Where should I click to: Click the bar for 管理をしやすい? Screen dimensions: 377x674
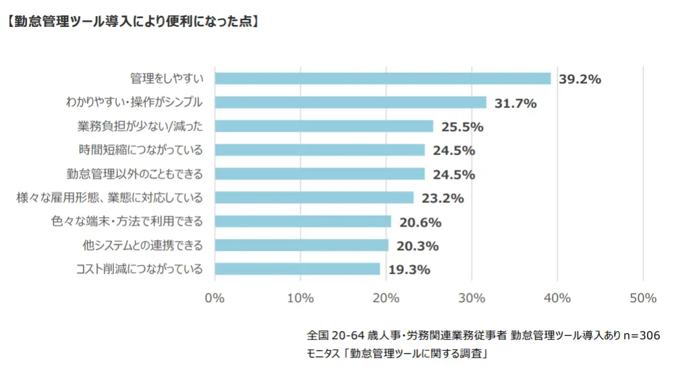pyautogui.click(x=383, y=78)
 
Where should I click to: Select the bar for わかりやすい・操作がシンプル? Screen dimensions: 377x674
pyautogui.click(x=350, y=103)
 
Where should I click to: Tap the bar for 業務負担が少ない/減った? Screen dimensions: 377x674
pyautogui.click(x=324, y=126)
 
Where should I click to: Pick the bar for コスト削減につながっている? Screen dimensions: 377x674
pyautogui.click(x=298, y=269)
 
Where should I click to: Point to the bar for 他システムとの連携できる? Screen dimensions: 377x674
pyautogui.click(x=302, y=245)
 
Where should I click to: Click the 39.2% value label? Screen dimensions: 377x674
pyautogui.click(x=580, y=79)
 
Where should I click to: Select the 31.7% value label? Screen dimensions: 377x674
pyautogui.click(x=515, y=103)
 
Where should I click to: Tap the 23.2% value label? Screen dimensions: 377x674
pyautogui.click(x=442, y=198)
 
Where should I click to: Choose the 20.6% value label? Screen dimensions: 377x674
pyautogui.click(x=420, y=222)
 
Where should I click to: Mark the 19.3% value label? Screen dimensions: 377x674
pyautogui.click(x=409, y=270)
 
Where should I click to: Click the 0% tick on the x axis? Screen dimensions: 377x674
pyautogui.click(x=215, y=298)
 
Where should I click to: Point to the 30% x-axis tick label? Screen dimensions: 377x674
pyautogui.click(x=472, y=298)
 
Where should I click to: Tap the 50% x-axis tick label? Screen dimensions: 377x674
pyautogui.click(x=642, y=298)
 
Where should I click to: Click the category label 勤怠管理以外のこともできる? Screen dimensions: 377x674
pyautogui.click(x=135, y=174)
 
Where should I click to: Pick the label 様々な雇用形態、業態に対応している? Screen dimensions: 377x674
pyautogui.click(x=110, y=198)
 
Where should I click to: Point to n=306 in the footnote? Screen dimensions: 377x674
pyautogui.click(x=640, y=335)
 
